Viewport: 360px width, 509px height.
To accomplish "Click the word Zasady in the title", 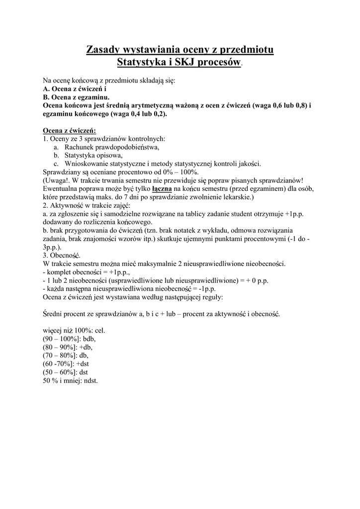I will point(104,50).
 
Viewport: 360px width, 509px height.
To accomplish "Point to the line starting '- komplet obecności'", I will point(87,272).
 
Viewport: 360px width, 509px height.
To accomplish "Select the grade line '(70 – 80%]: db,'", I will point(66,356).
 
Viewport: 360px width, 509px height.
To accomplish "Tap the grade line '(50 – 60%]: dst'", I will point(65,372).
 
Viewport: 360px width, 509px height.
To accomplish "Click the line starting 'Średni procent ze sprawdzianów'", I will point(162,314).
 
